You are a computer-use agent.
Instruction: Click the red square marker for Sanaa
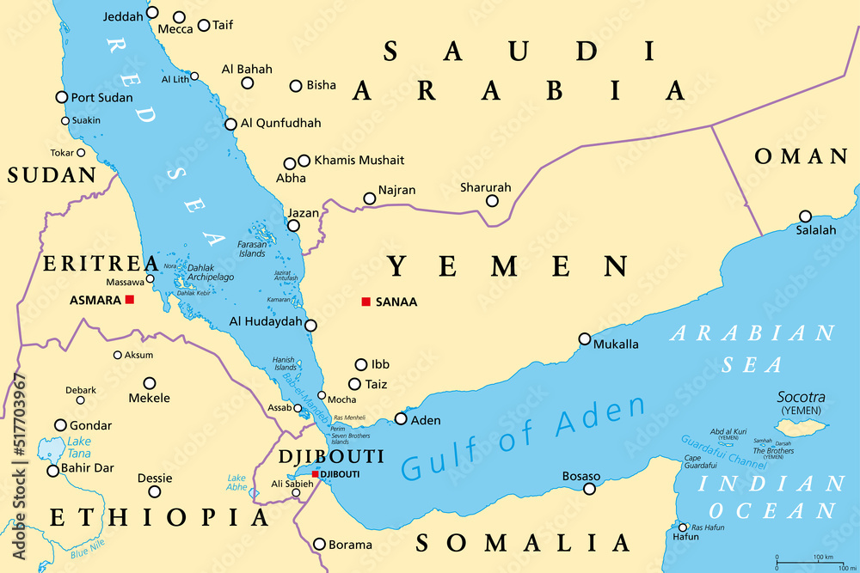coord(365,302)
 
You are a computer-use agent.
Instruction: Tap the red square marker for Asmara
coord(130,299)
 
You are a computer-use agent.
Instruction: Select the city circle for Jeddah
coord(152,12)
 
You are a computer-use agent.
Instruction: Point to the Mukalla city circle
coord(585,338)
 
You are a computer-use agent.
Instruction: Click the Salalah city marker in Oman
coord(805,216)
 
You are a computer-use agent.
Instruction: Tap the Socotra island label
coord(801,398)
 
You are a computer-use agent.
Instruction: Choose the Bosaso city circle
coord(589,489)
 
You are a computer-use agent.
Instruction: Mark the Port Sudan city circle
coord(62,97)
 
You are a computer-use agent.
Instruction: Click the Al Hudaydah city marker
coord(310,326)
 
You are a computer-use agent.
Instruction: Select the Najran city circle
coord(370,198)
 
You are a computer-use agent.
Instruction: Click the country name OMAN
coord(802,156)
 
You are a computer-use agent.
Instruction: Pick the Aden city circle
coord(401,419)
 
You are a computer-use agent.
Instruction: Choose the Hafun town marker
coord(683,527)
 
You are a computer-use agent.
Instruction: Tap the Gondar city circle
coord(60,425)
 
